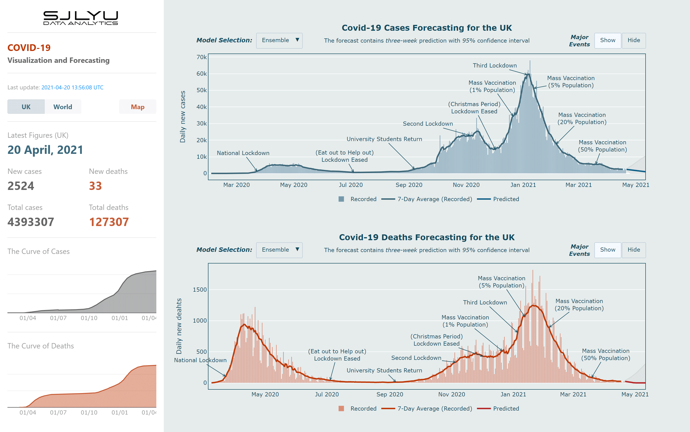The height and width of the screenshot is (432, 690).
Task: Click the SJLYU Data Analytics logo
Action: pyautogui.click(x=80, y=18)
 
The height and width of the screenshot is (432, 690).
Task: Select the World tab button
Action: pyautogui.click(x=63, y=107)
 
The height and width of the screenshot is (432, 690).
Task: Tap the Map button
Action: pyautogui.click(x=137, y=107)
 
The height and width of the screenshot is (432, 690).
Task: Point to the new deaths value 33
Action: pyautogui.click(x=95, y=186)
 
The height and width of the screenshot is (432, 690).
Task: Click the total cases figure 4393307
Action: pyautogui.click(x=31, y=222)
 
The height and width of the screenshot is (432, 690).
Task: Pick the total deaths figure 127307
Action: pyautogui.click(x=109, y=222)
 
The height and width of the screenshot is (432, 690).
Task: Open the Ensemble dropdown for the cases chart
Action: pyautogui.click(x=279, y=40)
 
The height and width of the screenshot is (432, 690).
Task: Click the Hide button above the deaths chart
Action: pyautogui.click(x=633, y=250)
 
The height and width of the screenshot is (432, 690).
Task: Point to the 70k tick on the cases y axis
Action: pyautogui.click(x=201, y=57)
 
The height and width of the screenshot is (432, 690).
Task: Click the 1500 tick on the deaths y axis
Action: pyautogui.click(x=200, y=290)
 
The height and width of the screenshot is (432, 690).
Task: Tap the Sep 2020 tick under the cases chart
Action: pyautogui.click(x=409, y=185)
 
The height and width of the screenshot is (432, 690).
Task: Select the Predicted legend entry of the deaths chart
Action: pyautogui.click(x=506, y=408)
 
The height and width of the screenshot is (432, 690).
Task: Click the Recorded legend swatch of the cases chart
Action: pyautogui.click(x=341, y=199)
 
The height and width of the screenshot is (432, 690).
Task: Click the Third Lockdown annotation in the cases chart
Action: pyautogui.click(x=495, y=65)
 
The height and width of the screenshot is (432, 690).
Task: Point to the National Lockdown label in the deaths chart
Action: pyautogui.click(x=200, y=360)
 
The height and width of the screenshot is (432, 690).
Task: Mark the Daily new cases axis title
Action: pyautogui.click(x=183, y=117)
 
